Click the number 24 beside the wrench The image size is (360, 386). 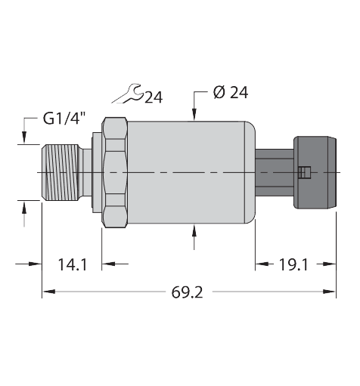(154, 97)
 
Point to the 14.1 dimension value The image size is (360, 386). (73, 264)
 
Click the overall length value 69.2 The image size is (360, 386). (188, 292)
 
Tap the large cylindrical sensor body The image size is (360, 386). (189, 172)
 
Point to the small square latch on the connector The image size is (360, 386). (303, 173)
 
